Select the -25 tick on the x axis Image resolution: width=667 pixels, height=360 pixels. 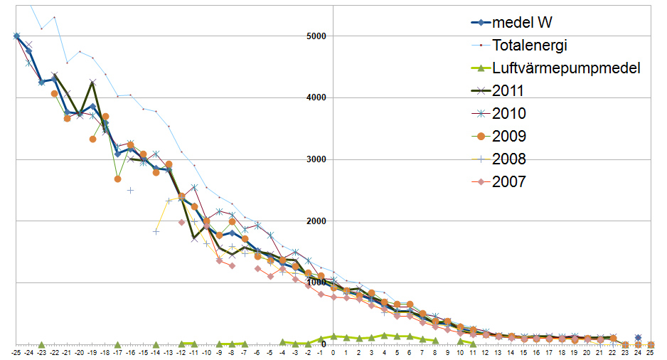pos(16,352)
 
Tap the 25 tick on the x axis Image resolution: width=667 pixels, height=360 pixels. pos(651,352)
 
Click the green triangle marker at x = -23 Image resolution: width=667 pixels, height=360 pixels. pos(41,344)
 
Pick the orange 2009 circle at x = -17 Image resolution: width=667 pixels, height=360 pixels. pos(117,179)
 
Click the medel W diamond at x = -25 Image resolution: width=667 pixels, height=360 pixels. pos(16,36)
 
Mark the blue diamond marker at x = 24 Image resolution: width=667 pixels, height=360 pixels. pos(638,337)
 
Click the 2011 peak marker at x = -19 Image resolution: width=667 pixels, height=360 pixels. pos(92,83)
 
